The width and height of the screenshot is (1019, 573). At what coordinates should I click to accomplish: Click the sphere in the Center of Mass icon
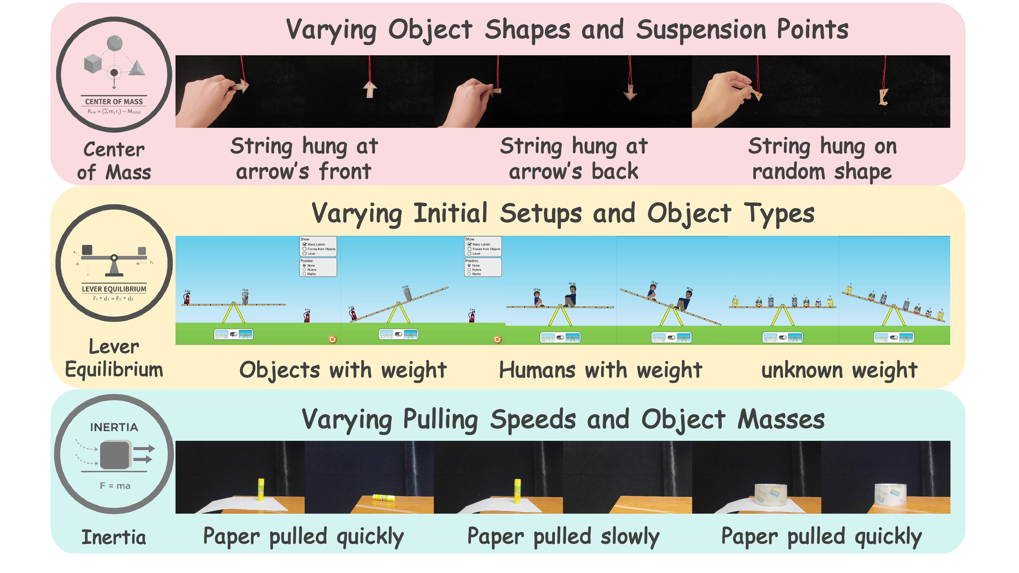point(115,43)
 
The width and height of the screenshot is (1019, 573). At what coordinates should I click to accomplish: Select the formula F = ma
point(115,486)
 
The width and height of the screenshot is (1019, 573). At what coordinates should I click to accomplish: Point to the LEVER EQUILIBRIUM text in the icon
point(114,289)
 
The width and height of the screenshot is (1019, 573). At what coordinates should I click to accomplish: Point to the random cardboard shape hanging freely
point(883,97)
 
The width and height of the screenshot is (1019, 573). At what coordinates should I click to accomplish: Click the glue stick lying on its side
point(383,497)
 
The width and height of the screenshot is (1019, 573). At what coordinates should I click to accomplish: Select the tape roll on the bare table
point(890,494)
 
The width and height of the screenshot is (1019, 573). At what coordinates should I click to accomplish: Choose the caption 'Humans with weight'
point(600,371)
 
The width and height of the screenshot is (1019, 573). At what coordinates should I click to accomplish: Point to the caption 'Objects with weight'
point(343,371)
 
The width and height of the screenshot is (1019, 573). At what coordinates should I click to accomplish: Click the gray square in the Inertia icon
point(115,455)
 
